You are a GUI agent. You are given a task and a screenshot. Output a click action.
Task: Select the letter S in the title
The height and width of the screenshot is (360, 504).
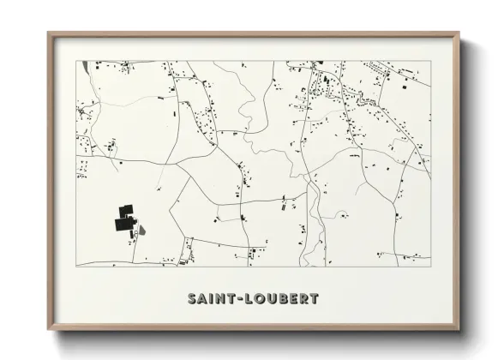pos(191,299)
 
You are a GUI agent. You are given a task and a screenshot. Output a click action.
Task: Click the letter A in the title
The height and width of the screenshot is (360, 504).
pos(202,299)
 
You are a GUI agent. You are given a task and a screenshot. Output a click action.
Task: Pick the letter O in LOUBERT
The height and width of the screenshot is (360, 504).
pos(258,299)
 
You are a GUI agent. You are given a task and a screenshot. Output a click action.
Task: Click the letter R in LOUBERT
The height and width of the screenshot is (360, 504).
pos(303,299)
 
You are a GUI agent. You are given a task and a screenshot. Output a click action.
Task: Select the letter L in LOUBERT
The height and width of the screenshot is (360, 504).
pos(248,299)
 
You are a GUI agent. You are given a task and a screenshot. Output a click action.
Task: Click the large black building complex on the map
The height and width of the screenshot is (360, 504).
pos(123,218)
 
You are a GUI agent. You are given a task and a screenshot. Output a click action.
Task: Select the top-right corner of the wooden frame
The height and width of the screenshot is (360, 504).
pos(460,33)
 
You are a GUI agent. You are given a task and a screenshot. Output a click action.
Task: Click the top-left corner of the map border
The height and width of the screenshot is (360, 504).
pos(76,61)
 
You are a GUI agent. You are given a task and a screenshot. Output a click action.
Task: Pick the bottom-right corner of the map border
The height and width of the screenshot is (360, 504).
pos(430,266)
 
